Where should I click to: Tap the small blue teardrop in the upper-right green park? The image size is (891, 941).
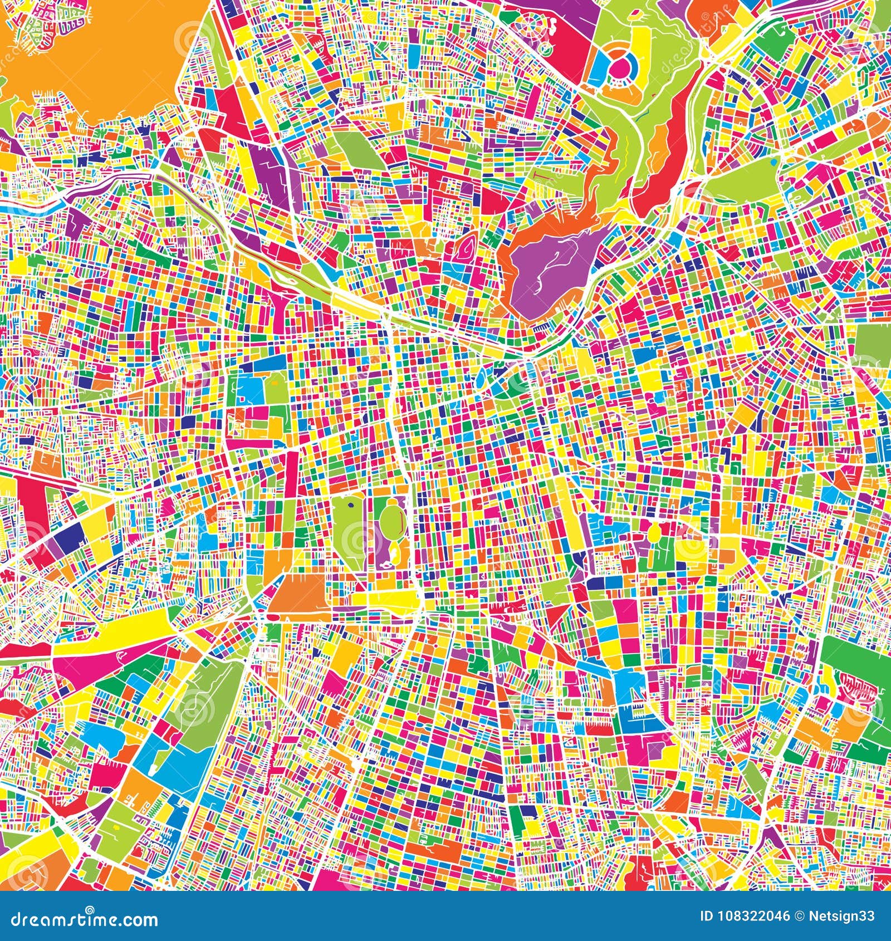pyautogui.click(x=775, y=161)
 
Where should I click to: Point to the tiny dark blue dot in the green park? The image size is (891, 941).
pyautogui.click(x=351, y=506)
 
